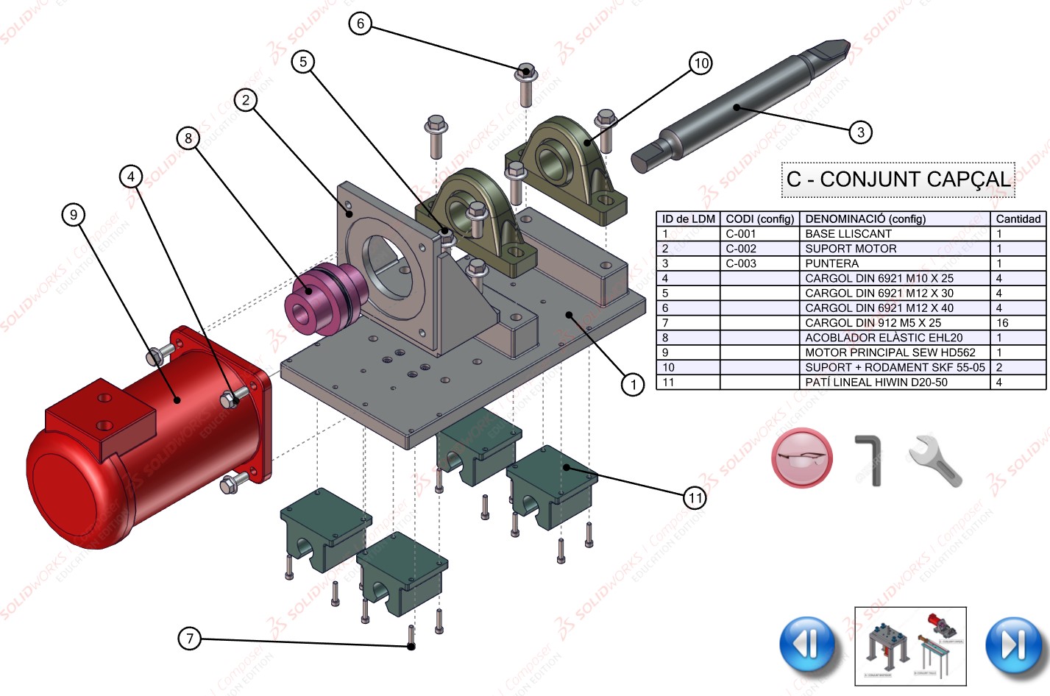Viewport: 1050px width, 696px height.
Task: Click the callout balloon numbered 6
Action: click(360, 24)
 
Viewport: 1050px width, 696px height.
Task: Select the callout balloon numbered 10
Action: click(700, 63)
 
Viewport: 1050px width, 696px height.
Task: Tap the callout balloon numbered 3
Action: click(860, 132)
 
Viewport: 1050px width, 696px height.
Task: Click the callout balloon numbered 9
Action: click(73, 215)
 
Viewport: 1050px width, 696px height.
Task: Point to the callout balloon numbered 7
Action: click(189, 638)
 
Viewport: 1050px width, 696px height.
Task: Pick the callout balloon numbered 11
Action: click(695, 498)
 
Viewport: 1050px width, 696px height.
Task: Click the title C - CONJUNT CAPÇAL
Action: click(898, 180)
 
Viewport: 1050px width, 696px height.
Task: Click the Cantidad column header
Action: click(1018, 219)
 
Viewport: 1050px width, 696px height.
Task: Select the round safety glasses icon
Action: click(802, 458)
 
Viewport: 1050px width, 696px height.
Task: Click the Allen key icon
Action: click(870, 460)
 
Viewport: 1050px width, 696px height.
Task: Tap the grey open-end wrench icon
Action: click(934, 461)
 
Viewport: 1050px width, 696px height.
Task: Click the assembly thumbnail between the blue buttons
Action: click(910, 646)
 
